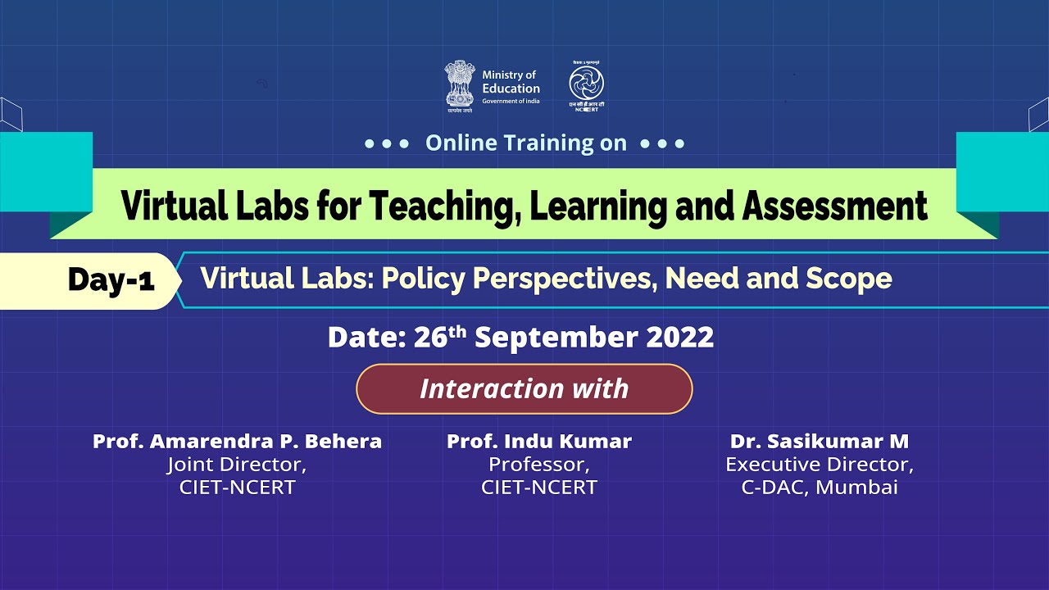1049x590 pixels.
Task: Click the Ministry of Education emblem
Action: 460,85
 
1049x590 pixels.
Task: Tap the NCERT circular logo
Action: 586,83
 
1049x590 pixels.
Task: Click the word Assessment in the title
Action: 834,206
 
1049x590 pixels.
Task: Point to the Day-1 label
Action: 111,280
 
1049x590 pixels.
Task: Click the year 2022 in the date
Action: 680,337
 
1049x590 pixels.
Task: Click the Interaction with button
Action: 524,388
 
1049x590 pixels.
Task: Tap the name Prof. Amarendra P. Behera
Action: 237,442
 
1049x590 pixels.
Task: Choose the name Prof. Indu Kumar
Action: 539,442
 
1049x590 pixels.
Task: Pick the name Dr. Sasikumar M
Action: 820,442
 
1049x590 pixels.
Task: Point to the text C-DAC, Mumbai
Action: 820,488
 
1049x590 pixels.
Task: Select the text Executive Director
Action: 820,465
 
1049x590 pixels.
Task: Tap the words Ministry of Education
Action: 511,83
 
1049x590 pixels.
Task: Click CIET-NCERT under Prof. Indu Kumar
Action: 539,488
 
